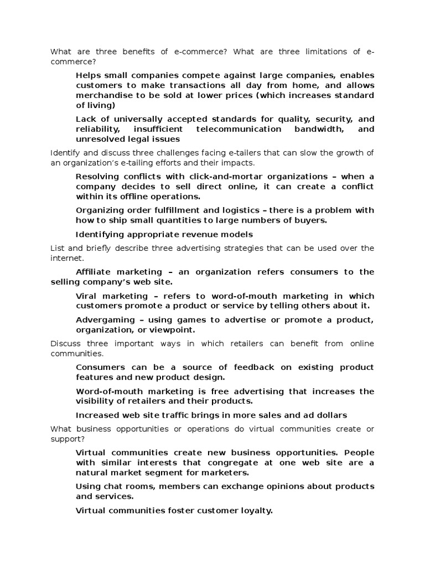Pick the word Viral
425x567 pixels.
coord(87,296)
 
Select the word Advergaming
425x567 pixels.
coord(105,320)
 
